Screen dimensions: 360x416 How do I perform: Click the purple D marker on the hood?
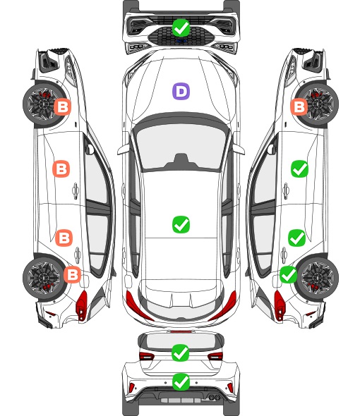(x=181, y=91)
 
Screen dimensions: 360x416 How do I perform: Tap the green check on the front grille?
(x=181, y=27)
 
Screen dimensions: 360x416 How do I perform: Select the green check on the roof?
(x=181, y=224)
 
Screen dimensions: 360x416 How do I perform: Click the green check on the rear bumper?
(x=181, y=381)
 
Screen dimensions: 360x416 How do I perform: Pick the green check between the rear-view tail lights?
(x=181, y=353)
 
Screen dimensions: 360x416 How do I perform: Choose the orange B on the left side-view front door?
(x=61, y=169)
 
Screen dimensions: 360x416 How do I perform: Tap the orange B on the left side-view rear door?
(x=64, y=238)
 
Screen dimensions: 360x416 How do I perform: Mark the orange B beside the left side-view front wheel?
(x=63, y=107)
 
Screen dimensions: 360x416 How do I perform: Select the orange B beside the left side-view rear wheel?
(x=72, y=274)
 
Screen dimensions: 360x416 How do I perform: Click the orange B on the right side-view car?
(x=299, y=107)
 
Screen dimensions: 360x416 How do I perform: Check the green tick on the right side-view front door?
(x=300, y=169)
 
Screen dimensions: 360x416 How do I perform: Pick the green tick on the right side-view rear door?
(x=297, y=238)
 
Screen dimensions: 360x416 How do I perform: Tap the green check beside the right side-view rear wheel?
(x=289, y=274)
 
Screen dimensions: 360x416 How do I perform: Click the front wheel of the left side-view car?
(x=42, y=104)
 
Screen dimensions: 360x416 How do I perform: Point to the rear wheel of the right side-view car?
(x=318, y=277)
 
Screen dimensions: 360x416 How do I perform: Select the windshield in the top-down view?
(x=181, y=146)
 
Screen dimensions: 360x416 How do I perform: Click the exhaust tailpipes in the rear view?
(x=215, y=397)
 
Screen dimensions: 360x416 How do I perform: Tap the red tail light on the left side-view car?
(x=82, y=305)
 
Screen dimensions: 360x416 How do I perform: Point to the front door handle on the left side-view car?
(x=76, y=190)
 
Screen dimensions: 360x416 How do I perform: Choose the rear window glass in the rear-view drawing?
(x=181, y=341)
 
